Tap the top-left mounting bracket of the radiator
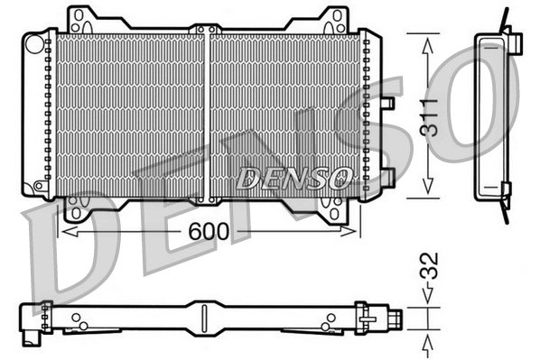click(82, 19)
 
